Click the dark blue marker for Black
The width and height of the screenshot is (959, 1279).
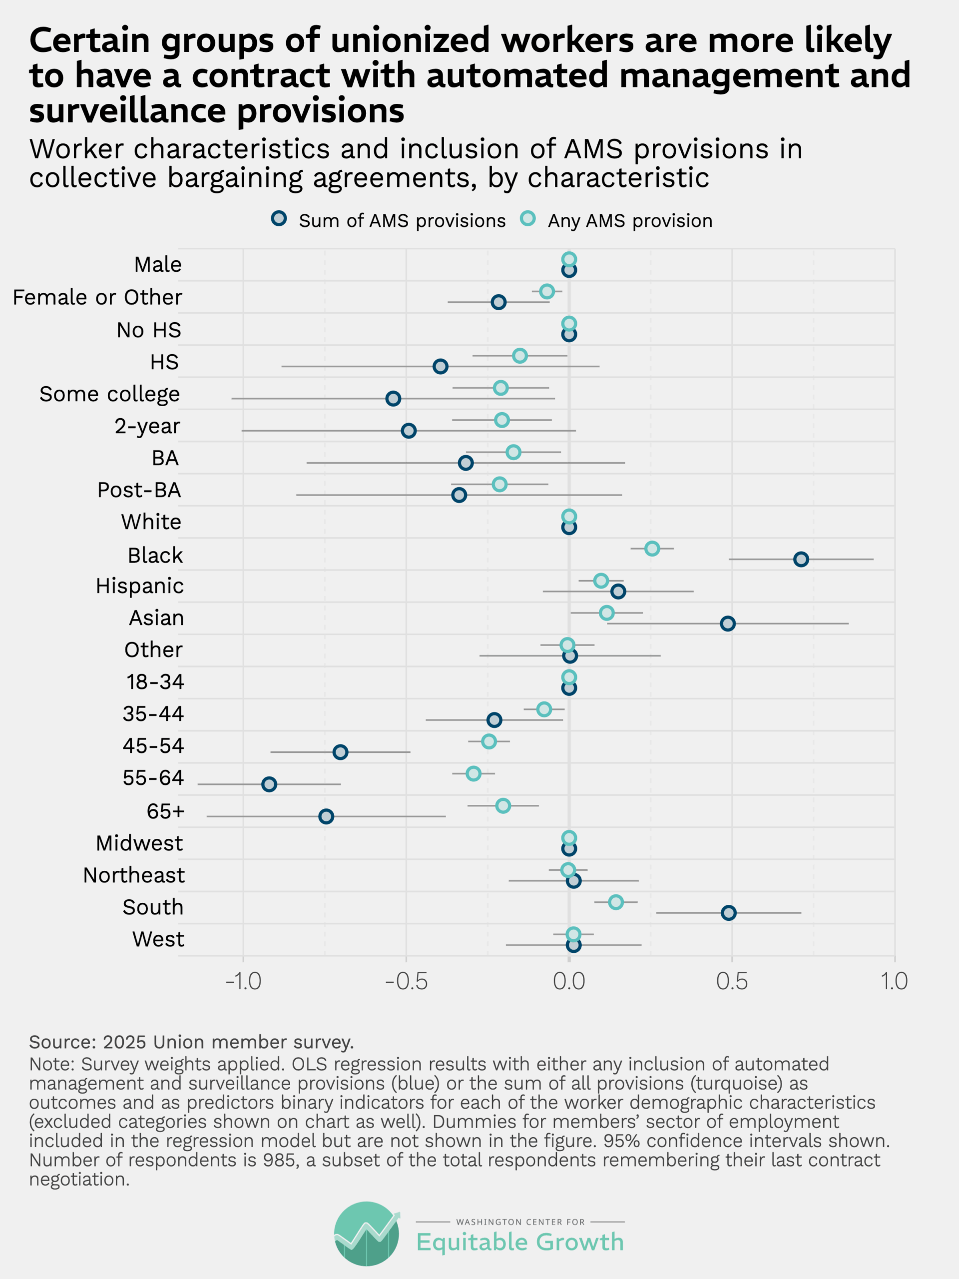(x=801, y=559)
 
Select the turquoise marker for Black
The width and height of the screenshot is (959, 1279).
(x=652, y=548)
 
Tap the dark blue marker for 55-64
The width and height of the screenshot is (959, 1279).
(x=269, y=784)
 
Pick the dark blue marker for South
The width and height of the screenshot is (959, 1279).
(x=728, y=913)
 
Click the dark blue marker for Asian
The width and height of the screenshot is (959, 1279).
(x=728, y=624)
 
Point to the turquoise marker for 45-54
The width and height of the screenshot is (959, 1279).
(x=489, y=741)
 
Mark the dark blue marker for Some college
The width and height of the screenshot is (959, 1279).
(x=393, y=398)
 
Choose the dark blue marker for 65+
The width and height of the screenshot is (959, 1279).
(x=326, y=816)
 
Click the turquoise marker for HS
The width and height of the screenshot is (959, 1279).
(x=519, y=356)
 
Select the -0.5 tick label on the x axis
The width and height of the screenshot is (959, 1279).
(x=407, y=981)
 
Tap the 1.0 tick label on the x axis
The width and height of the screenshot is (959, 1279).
(x=894, y=981)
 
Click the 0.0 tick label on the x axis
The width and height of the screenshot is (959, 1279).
(x=569, y=981)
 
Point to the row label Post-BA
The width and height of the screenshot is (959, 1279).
(x=139, y=490)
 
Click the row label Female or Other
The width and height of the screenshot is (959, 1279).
(x=97, y=297)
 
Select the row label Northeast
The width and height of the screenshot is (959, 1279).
(x=133, y=875)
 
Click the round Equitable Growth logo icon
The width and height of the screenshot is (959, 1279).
(x=367, y=1234)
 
